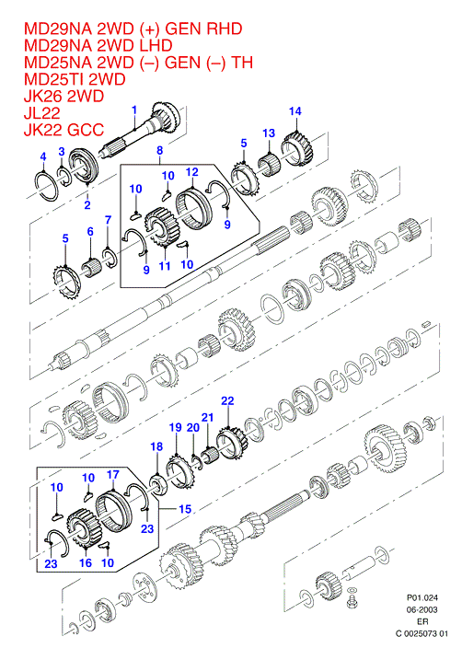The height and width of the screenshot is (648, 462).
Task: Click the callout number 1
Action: [134, 110]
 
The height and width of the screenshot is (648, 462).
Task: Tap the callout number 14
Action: [295, 111]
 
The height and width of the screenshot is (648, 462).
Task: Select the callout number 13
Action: [269, 133]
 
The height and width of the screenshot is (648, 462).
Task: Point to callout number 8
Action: [160, 150]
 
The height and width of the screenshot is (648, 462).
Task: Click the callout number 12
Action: [192, 172]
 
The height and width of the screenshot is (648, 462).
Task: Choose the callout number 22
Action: [227, 401]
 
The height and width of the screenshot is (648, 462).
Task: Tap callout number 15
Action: [185, 509]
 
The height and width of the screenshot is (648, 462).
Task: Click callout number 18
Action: [156, 446]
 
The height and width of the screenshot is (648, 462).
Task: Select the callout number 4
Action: [43, 156]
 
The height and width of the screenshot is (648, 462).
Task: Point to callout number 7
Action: [108, 220]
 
